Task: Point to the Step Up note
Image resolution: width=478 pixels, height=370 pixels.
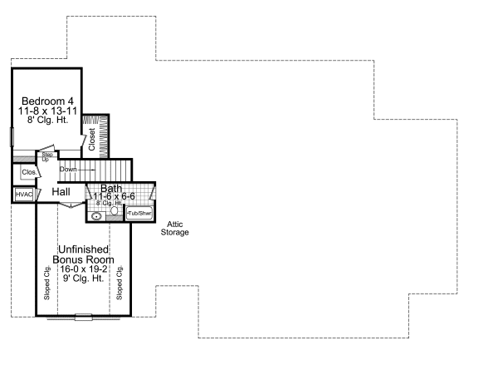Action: (47, 156)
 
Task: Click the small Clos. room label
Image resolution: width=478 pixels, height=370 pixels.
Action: (27, 172)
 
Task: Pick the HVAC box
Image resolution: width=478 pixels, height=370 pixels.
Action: (23, 194)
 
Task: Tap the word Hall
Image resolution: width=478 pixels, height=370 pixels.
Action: (61, 192)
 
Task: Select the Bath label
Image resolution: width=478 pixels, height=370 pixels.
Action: (111, 189)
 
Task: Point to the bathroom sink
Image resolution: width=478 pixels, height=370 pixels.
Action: (97, 215)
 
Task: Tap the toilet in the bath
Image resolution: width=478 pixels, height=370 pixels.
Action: (115, 211)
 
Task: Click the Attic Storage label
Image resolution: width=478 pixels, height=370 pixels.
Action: (175, 228)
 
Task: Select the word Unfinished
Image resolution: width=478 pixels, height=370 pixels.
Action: (85, 249)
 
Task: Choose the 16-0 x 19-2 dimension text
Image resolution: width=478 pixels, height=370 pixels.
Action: (85, 270)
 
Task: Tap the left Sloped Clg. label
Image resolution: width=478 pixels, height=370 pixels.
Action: (46, 282)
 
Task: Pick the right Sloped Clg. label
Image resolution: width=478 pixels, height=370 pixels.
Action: (120, 282)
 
